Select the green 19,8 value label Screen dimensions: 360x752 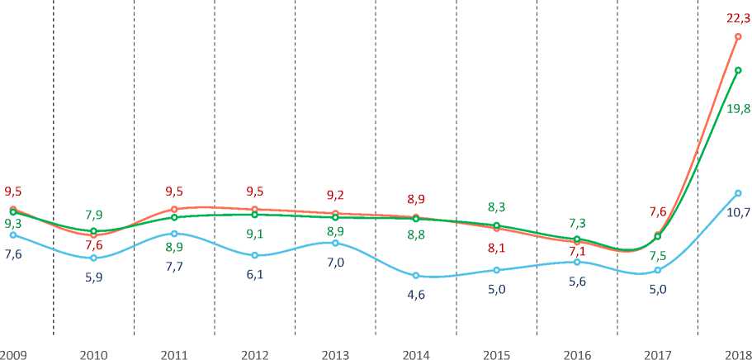click(x=739, y=110)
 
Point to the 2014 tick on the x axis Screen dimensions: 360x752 click(x=416, y=355)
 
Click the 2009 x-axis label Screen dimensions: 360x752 click(x=13, y=355)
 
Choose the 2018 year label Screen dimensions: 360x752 click(x=738, y=355)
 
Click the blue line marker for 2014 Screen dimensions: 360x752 click(x=416, y=276)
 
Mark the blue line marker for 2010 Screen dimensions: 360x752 click(x=93, y=258)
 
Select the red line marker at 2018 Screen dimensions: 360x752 click(x=738, y=36)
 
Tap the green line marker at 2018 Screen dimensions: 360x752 click(x=738, y=71)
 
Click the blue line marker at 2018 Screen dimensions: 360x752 click(x=738, y=193)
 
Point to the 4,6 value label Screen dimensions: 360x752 click(x=416, y=293)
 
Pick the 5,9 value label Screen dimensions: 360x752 click(x=93, y=277)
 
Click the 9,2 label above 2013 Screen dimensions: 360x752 click(x=335, y=196)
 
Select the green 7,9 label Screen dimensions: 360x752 click(x=93, y=216)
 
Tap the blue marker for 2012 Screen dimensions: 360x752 click(x=254, y=255)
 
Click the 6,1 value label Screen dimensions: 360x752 click(x=254, y=274)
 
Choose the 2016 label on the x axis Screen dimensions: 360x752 click(x=577, y=355)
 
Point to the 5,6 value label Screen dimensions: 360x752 click(x=577, y=281)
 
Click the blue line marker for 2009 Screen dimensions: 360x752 click(x=13, y=235)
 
